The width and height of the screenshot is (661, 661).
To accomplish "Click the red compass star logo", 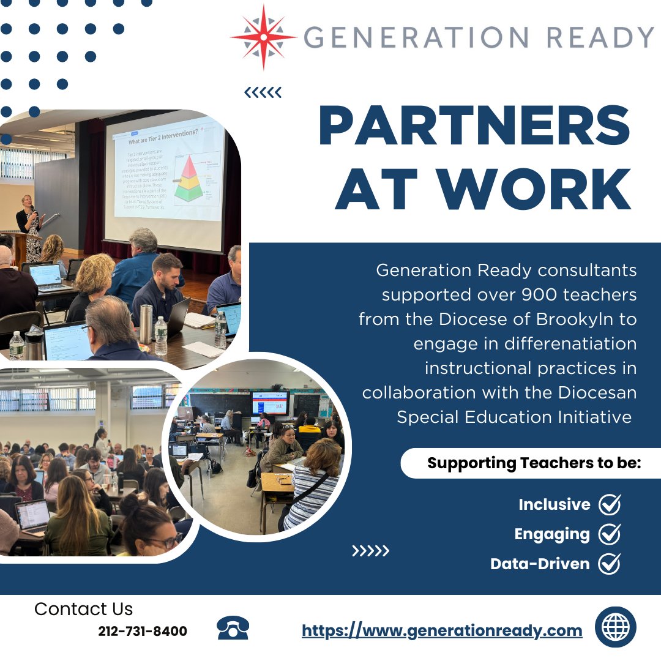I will [x=264, y=37].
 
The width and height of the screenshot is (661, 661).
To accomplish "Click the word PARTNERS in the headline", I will [x=474, y=126].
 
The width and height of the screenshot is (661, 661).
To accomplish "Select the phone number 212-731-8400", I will [x=143, y=631].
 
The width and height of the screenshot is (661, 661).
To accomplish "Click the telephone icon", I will [x=233, y=629].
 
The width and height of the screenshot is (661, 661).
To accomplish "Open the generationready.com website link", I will [x=442, y=630].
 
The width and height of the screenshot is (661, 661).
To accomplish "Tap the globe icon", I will [x=615, y=627].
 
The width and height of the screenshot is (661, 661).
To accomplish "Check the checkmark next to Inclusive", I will [x=610, y=504].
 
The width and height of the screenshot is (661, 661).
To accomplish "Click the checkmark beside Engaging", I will [x=610, y=534].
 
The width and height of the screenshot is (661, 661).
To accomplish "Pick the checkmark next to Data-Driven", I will [x=610, y=564].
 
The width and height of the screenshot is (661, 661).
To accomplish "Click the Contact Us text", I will [x=83, y=609].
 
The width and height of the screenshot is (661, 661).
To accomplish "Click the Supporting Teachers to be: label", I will [x=534, y=463].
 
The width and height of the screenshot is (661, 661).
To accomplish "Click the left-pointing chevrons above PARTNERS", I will [x=263, y=93].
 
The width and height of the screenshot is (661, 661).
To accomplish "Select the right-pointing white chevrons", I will [x=370, y=551].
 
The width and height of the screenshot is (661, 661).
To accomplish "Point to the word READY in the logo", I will [x=600, y=37].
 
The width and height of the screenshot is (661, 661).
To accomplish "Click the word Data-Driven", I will [x=540, y=564].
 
